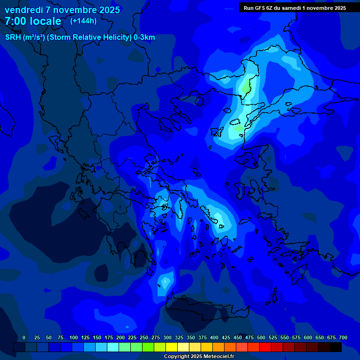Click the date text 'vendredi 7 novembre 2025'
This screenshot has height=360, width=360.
tap(62, 10)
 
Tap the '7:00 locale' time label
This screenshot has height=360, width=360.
tap(33, 21)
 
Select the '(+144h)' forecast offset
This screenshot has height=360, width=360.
tap(83, 21)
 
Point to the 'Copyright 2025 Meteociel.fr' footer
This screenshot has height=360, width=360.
tap(199, 356)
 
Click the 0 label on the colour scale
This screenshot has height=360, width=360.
tap(24, 337)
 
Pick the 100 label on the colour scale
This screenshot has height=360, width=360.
tap(74, 337)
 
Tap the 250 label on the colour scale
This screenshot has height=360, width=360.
tap(144, 337)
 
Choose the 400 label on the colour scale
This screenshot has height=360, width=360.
tap(214, 337)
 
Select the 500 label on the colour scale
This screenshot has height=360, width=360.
tap(261, 337)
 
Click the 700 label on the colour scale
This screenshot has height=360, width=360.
tap(343, 337)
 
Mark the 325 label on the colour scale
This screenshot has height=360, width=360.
tap(179, 337)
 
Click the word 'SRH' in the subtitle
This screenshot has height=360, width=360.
tap(13, 37)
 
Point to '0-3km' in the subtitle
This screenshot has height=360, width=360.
tap(144, 37)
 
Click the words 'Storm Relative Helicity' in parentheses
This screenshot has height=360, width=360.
tap(94, 37)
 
